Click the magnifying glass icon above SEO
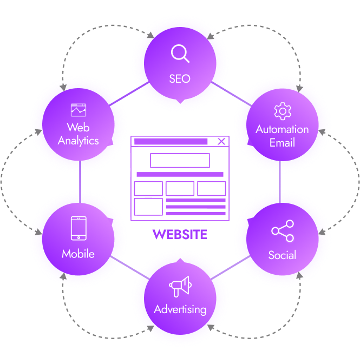tap(180, 54)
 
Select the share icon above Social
tap(282, 231)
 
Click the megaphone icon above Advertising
tap(180, 286)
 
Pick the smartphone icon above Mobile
tap(78, 228)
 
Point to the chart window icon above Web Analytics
tap(78, 110)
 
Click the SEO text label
tap(180, 78)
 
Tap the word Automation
tap(282, 130)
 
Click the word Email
tap(282, 143)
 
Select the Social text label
tap(282, 255)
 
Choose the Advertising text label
tap(180, 310)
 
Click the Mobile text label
tap(78, 254)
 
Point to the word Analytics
tap(78, 141)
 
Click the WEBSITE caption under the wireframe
tap(180, 235)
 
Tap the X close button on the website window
tap(221, 142)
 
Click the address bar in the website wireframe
tap(171, 142)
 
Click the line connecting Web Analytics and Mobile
tap(80, 181)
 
